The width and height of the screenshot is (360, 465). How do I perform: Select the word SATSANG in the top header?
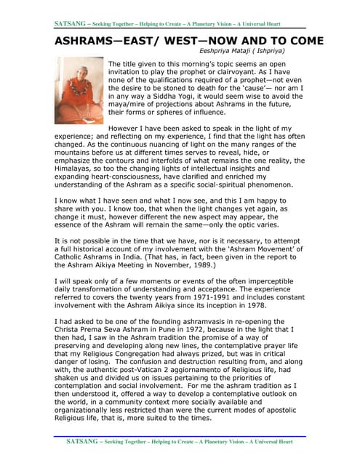point(71,24)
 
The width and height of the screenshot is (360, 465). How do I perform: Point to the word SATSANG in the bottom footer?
point(82,441)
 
